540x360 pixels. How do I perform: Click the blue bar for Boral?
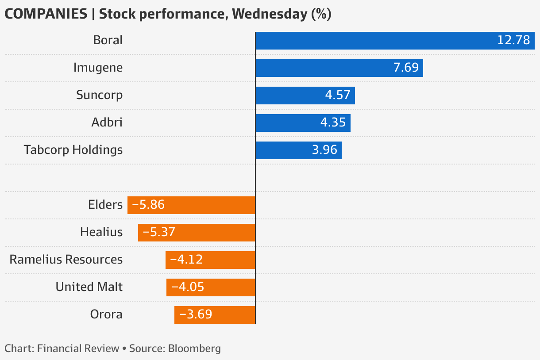376,41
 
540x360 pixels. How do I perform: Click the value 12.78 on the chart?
513,40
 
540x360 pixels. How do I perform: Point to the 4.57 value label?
337,95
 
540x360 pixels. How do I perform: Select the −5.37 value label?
159,232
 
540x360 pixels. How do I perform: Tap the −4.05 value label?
188,287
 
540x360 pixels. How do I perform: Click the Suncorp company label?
99,95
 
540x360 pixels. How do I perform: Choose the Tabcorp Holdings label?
73,150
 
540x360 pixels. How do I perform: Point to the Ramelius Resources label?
66,260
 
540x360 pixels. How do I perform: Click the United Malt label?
89,287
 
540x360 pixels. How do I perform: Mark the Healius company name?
101,232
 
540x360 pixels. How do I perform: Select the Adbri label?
107,123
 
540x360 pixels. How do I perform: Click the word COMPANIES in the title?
46,14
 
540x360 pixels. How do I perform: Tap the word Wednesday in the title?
269,14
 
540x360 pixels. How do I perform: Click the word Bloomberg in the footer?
194,349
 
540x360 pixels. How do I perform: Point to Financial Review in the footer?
78,349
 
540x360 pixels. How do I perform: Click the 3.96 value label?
324,150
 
